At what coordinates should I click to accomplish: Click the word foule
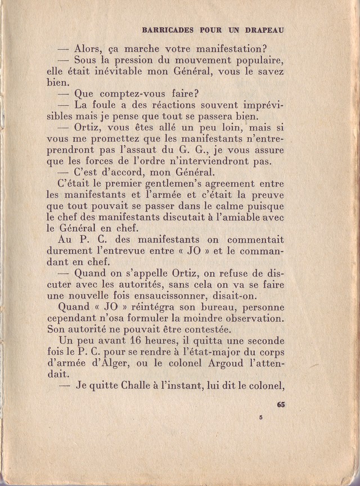(x=116, y=105)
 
